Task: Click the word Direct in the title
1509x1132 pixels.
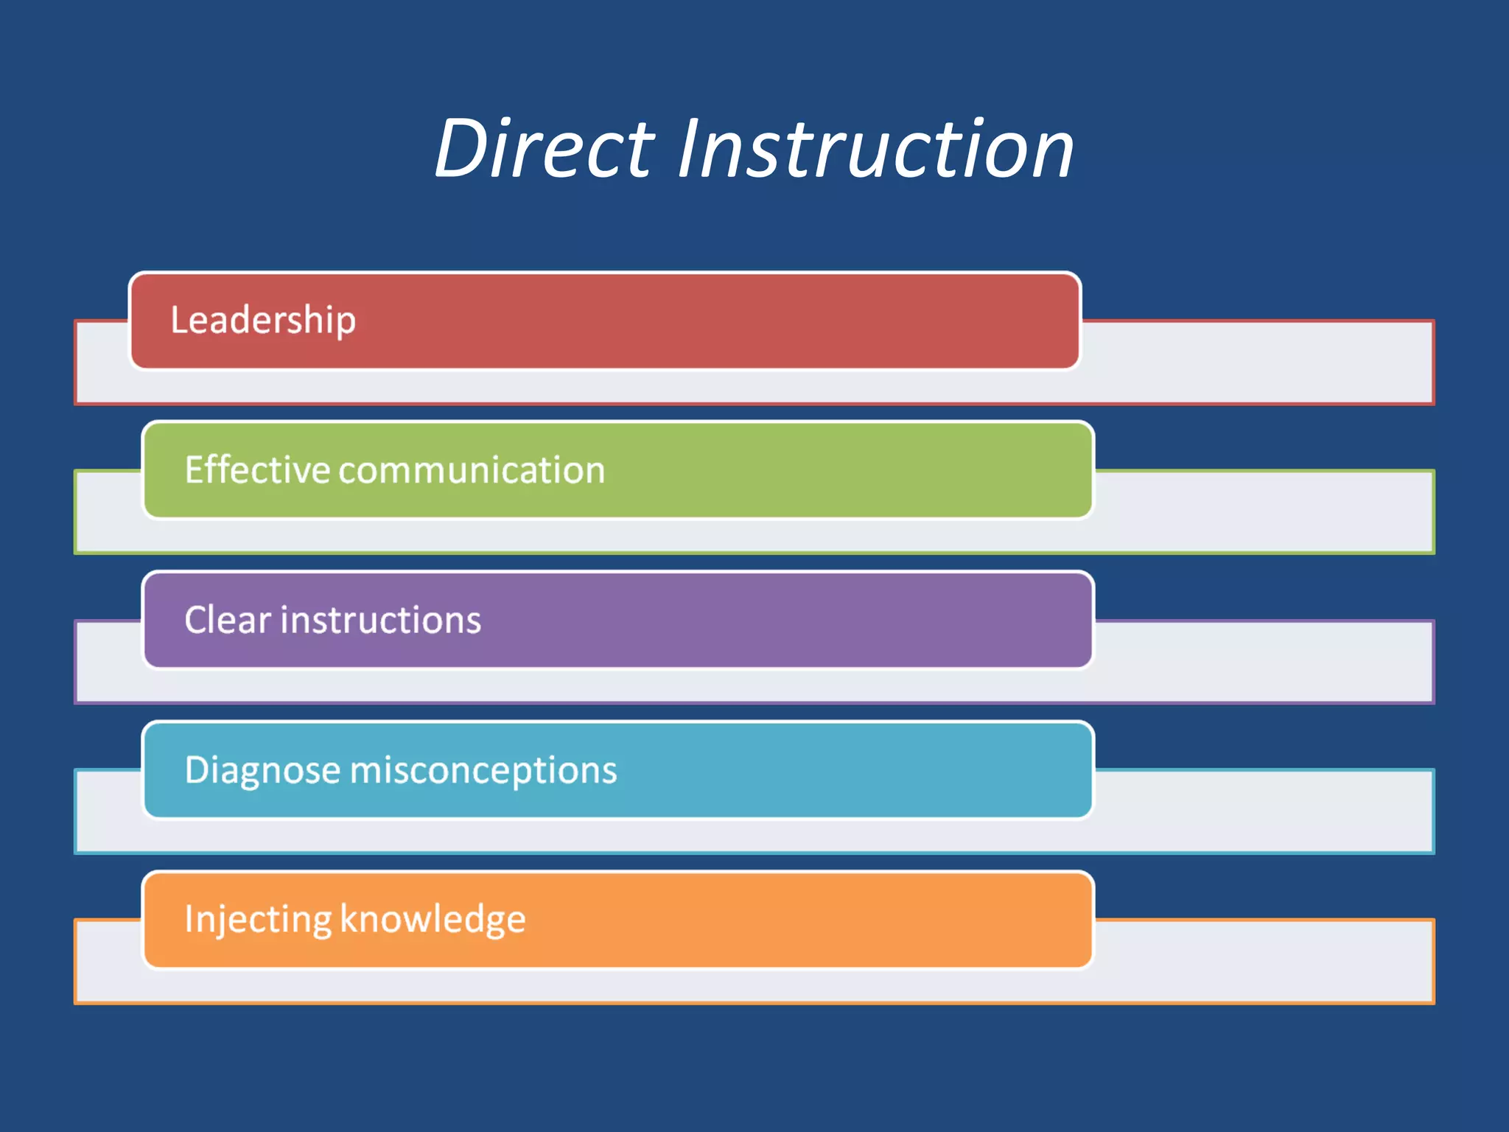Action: (544, 150)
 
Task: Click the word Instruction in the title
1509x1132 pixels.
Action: (875, 150)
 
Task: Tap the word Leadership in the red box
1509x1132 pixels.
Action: (263, 321)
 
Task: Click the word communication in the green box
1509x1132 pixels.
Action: (472, 470)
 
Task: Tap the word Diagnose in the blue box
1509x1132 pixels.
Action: (262, 770)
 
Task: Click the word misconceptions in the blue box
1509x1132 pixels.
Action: (483, 770)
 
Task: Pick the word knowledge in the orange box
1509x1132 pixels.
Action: (433, 920)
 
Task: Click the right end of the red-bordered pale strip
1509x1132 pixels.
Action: (1400, 363)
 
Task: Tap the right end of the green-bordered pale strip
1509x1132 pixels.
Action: (1400, 512)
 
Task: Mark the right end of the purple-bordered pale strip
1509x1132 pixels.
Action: (1400, 662)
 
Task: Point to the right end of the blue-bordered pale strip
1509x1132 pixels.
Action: (1400, 811)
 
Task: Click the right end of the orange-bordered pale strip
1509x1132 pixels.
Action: (1400, 962)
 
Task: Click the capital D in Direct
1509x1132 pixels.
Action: (461, 150)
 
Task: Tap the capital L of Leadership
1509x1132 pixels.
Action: (178, 320)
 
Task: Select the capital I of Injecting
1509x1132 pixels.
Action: (189, 918)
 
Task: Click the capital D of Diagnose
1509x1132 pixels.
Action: (197, 769)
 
